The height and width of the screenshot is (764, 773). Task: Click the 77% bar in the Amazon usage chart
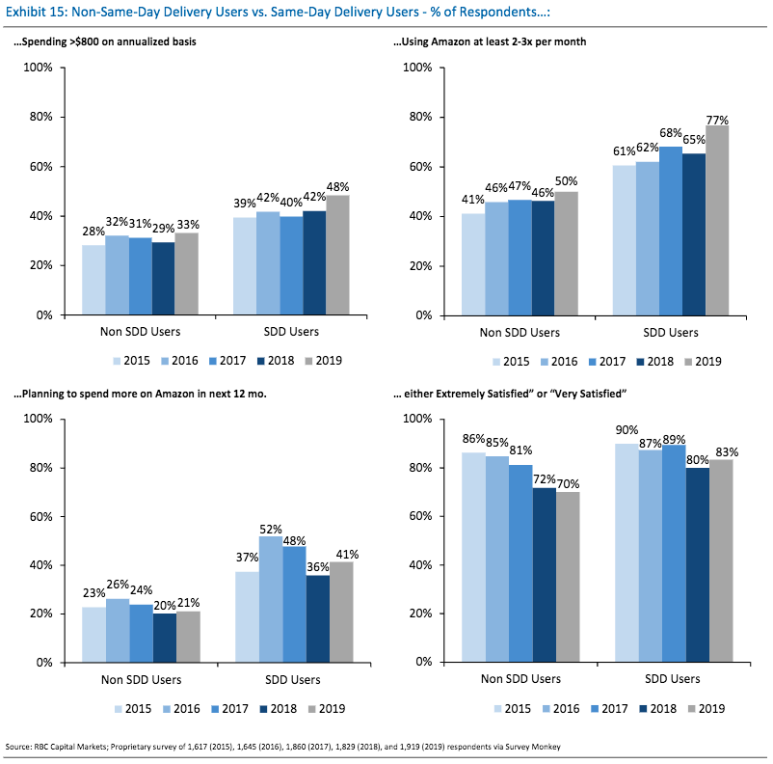point(717,220)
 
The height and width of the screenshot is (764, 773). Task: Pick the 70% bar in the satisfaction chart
point(568,577)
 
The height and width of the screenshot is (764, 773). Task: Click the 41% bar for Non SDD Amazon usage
point(473,263)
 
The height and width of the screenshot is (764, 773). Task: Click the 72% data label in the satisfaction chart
point(545,479)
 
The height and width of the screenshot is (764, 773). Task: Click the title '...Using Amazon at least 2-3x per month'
point(497,42)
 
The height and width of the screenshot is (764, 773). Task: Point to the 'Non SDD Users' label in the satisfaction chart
point(520,679)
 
